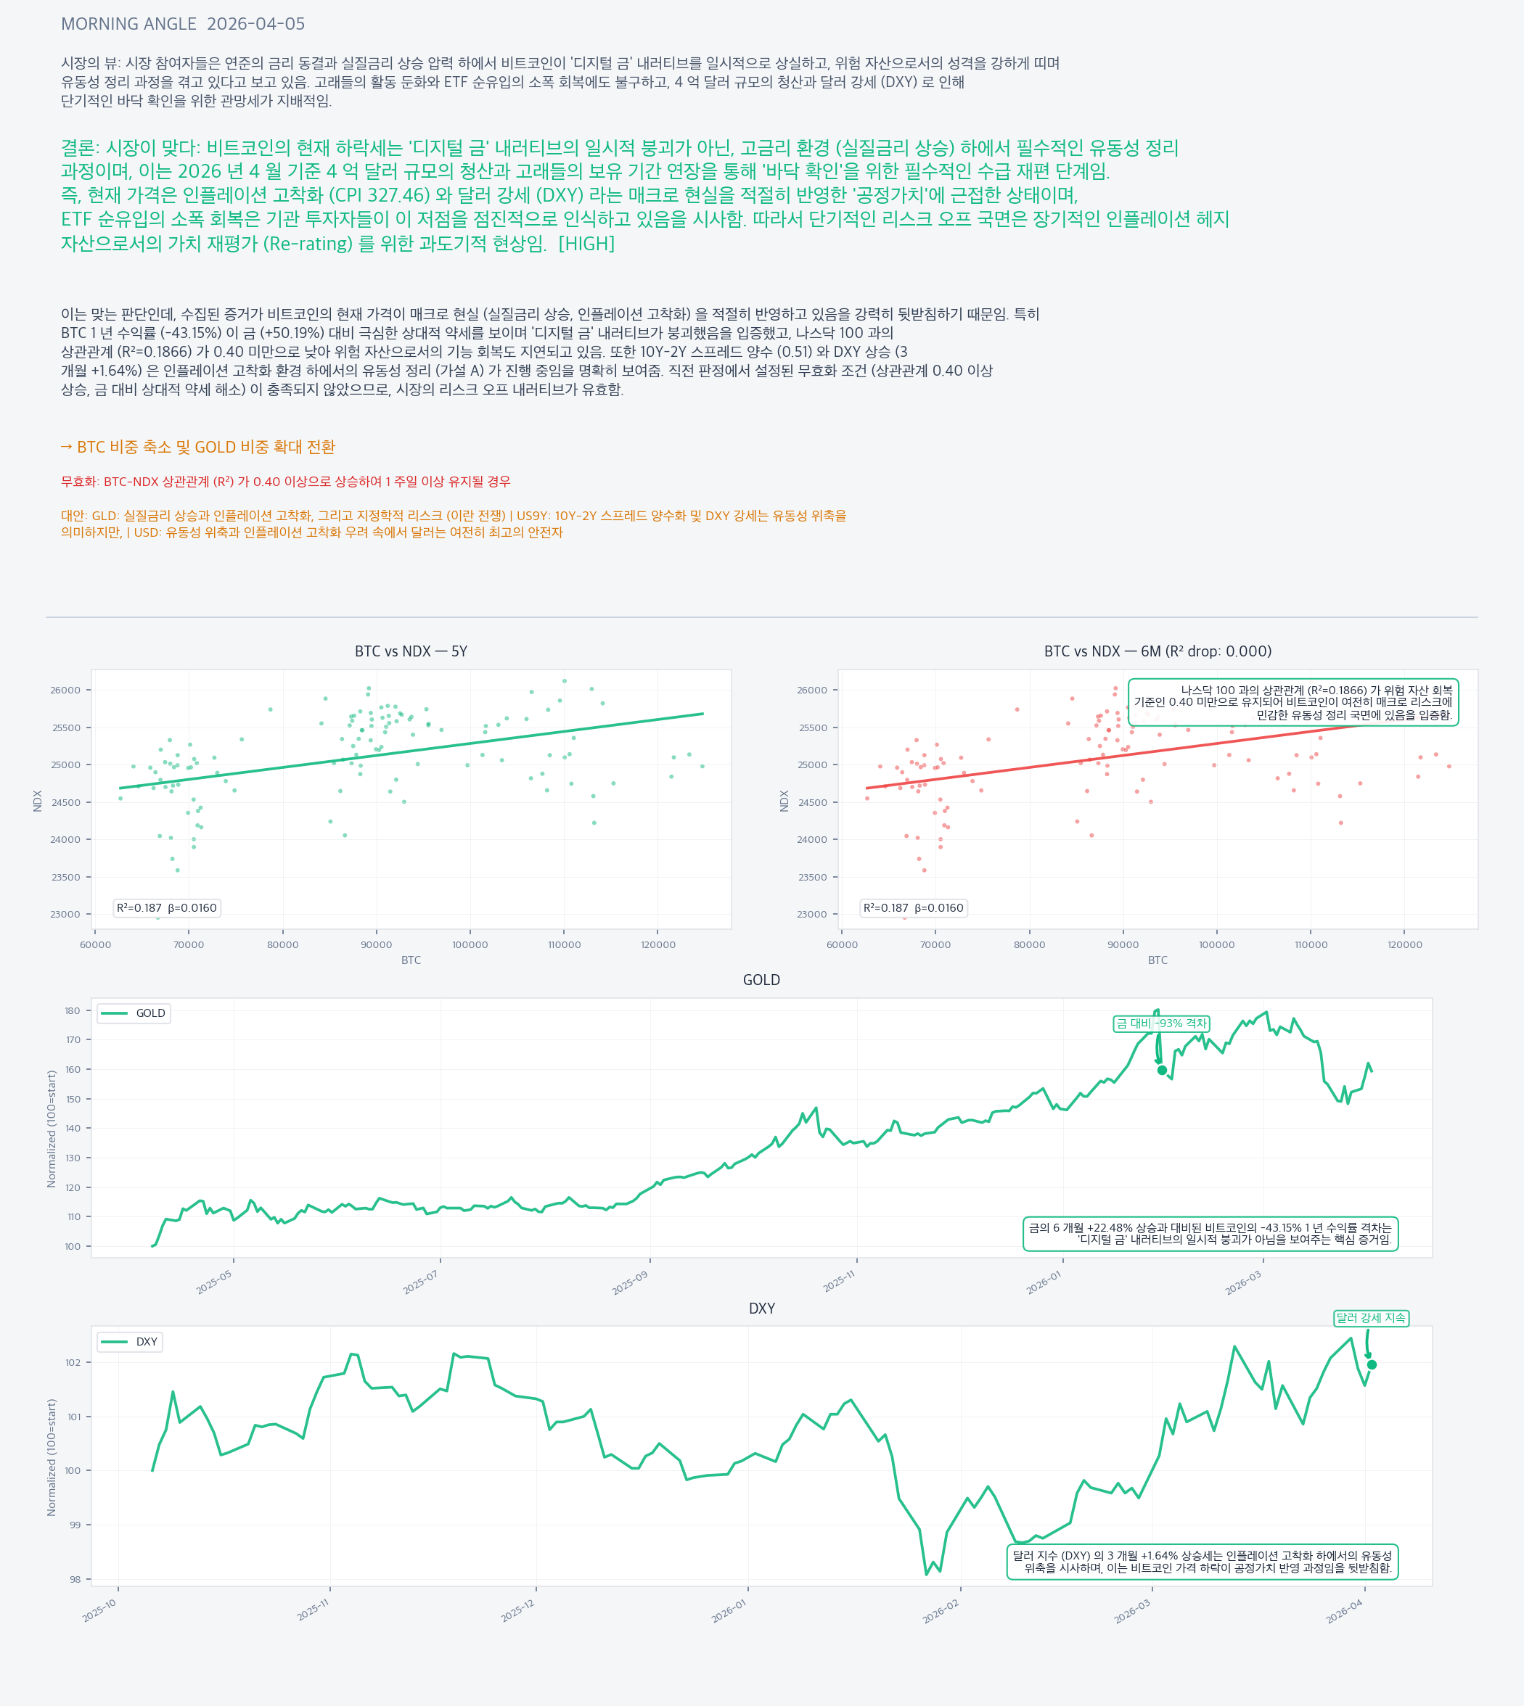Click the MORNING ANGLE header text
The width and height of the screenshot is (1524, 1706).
[x=128, y=24]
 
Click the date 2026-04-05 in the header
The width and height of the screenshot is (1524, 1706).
[x=255, y=24]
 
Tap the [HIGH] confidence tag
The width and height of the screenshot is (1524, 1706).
[x=586, y=244]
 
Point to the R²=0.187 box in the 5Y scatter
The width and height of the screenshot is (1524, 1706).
[x=167, y=907]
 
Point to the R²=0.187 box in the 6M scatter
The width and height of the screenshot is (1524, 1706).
[x=914, y=907]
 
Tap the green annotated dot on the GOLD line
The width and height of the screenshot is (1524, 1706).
[x=1163, y=1070]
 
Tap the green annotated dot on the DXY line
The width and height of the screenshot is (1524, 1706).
[x=1372, y=1364]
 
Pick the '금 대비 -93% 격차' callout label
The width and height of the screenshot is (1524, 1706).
[x=1161, y=1023]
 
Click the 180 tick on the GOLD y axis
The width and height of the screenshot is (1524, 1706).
[x=73, y=1010]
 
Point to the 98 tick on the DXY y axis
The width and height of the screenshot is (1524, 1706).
[x=75, y=1580]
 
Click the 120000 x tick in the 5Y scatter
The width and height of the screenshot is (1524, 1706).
[x=658, y=945]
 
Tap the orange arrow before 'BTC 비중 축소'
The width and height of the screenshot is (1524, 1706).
[x=66, y=447]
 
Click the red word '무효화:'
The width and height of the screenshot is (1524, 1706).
[x=81, y=482]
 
